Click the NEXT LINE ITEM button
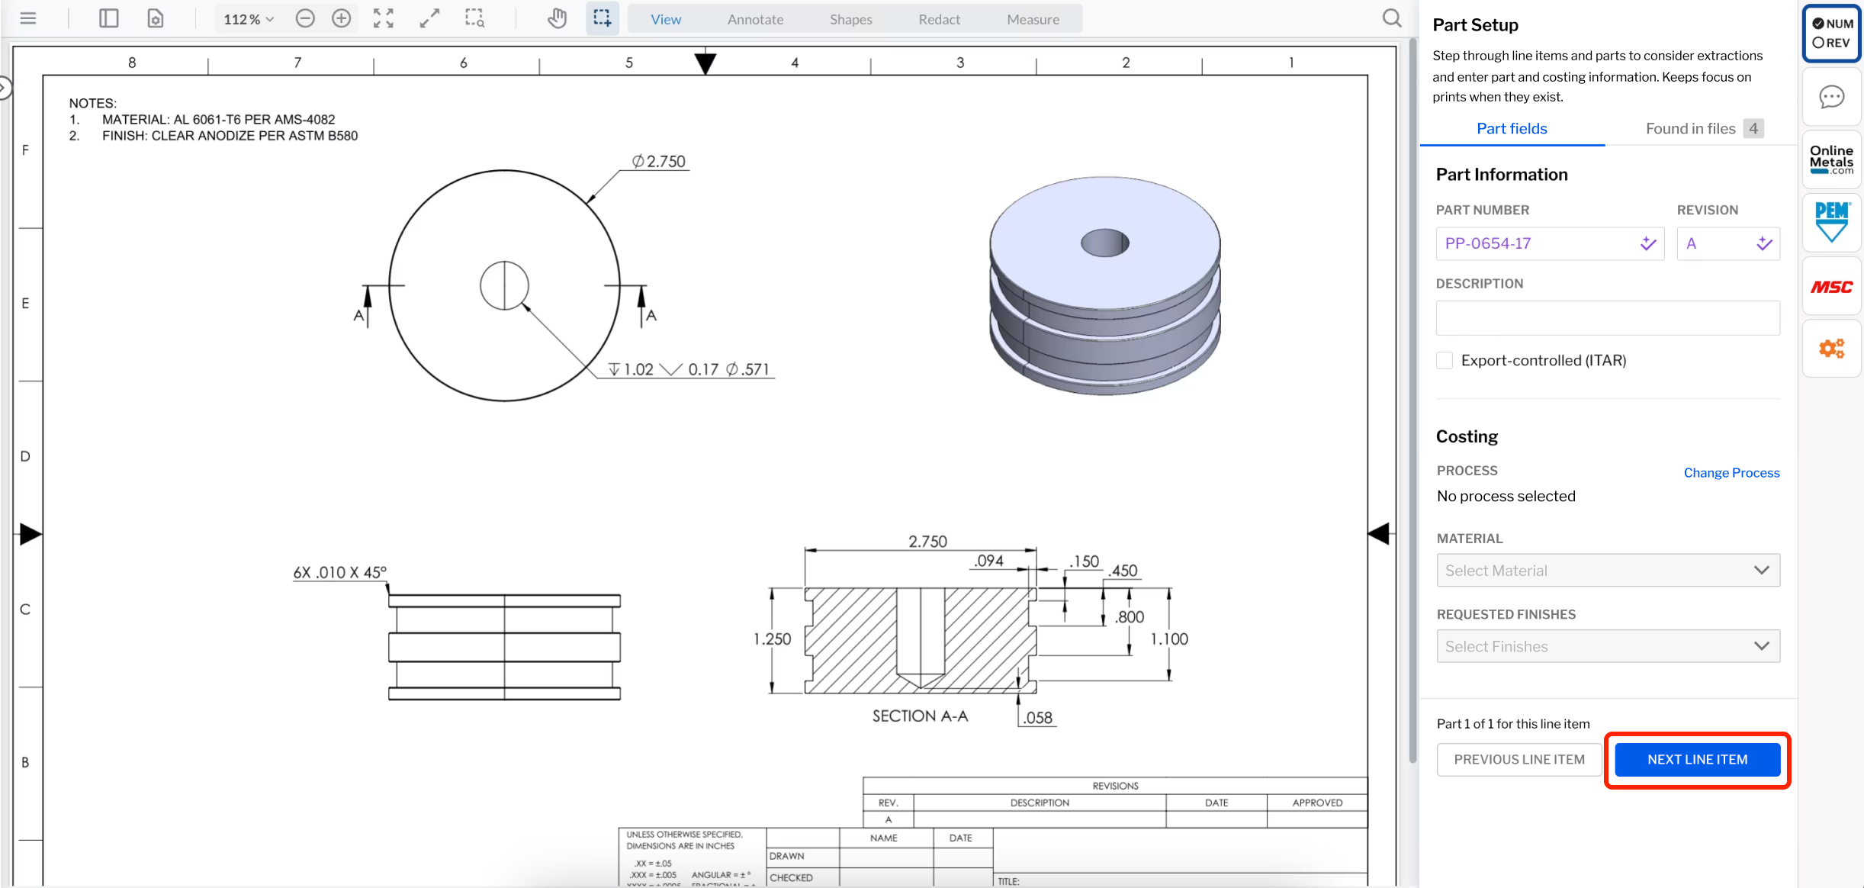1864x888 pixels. point(1697,759)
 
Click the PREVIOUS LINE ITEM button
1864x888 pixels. point(1519,759)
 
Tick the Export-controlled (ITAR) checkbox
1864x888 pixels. point(1445,360)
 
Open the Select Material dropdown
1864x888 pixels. point(1608,570)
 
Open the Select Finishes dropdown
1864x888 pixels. point(1608,646)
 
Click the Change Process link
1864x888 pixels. point(1731,472)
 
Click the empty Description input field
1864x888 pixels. point(1608,318)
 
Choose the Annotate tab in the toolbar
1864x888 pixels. point(755,19)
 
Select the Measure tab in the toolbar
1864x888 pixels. point(1033,19)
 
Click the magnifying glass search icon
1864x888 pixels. point(1392,18)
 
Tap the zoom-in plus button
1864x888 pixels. point(342,18)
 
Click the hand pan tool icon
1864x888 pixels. point(557,18)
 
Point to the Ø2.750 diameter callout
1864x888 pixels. point(659,162)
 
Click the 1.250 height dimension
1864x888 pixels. point(772,639)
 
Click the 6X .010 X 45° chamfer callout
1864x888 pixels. point(339,572)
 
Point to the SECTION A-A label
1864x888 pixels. point(920,716)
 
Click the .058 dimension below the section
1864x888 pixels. point(1038,717)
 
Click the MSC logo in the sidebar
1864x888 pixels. point(1831,287)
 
